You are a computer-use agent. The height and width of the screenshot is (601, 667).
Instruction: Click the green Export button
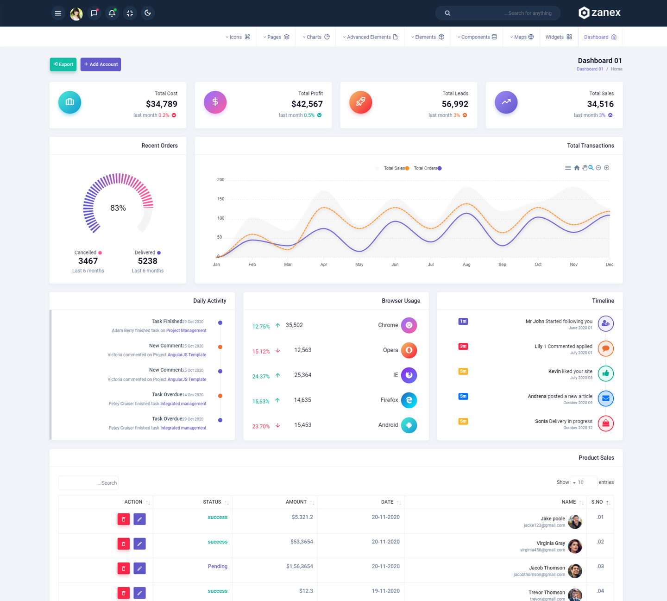(63, 64)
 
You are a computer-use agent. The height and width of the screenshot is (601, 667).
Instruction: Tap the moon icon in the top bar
(148, 13)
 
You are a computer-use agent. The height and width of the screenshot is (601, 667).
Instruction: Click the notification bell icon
(112, 13)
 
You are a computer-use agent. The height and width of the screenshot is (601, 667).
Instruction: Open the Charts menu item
(316, 37)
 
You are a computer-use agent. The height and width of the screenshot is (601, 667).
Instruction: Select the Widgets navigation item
(559, 37)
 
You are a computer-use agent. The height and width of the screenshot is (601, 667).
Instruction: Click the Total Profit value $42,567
(307, 104)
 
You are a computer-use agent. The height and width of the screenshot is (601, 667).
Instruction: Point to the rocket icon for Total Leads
(360, 102)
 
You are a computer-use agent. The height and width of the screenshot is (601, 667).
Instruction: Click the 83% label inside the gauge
(118, 208)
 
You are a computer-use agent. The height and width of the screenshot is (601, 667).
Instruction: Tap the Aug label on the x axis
(466, 265)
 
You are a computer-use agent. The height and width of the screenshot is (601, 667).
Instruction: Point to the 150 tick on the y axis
(220, 199)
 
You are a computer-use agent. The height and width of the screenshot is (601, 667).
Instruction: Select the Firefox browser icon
(409, 400)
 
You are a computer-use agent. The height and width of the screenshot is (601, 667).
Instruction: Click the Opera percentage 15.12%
(261, 351)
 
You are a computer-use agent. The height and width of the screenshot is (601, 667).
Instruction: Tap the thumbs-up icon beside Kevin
(605, 373)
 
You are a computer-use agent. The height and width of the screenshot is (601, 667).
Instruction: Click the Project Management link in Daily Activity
(186, 330)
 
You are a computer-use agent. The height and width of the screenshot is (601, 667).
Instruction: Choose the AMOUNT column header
(296, 502)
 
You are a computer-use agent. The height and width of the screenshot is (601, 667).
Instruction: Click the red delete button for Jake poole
(123, 519)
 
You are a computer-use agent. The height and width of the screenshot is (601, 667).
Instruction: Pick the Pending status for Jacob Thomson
(217, 566)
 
